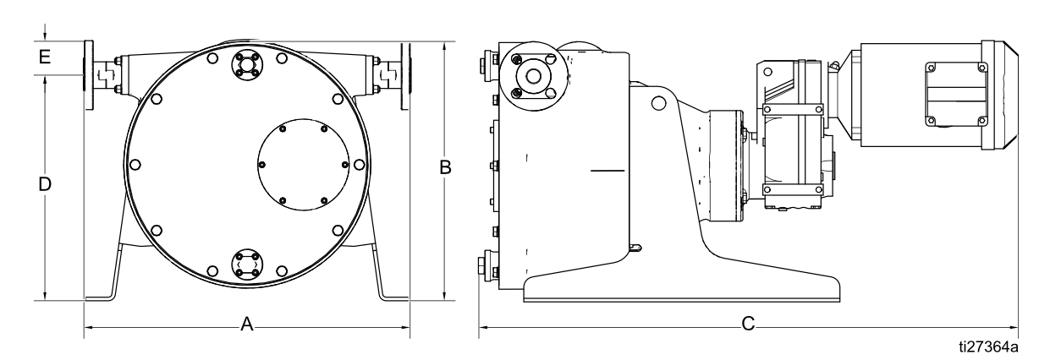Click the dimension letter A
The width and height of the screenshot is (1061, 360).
click(247, 325)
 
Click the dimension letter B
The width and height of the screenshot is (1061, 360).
click(444, 168)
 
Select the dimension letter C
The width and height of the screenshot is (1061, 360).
click(748, 325)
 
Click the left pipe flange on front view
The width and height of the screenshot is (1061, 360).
click(89, 75)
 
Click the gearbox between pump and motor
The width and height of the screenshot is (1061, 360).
click(791, 135)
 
